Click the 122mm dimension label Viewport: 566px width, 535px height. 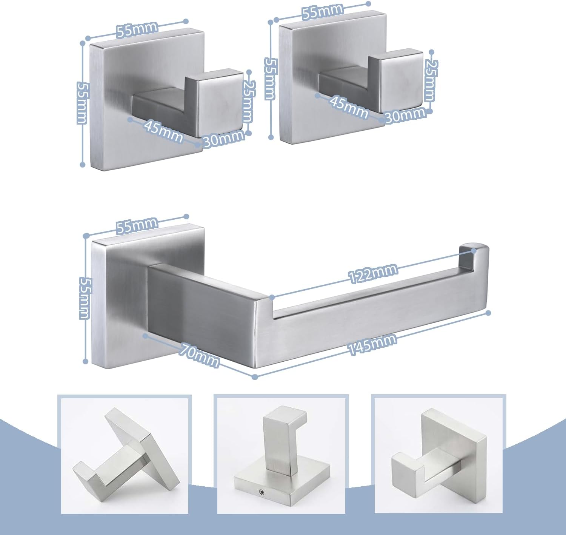pyautogui.click(x=373, y=274)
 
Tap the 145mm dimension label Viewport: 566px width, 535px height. pyautogui.click(x=372, y=344)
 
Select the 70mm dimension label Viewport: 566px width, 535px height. pyautogui.click(x=198, y=356)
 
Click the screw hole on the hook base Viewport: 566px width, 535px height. pyautogui.click(x=261, y=492)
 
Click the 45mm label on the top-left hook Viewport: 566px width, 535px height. pyautogui.click(x=163, y=131)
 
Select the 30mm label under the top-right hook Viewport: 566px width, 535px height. pyautogui.click(x=405, y=115)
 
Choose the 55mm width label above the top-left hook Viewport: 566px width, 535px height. pyautogui.click(x=137, y=29)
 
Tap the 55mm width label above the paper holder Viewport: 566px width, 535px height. pyautogui.click(x=137, y=225)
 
